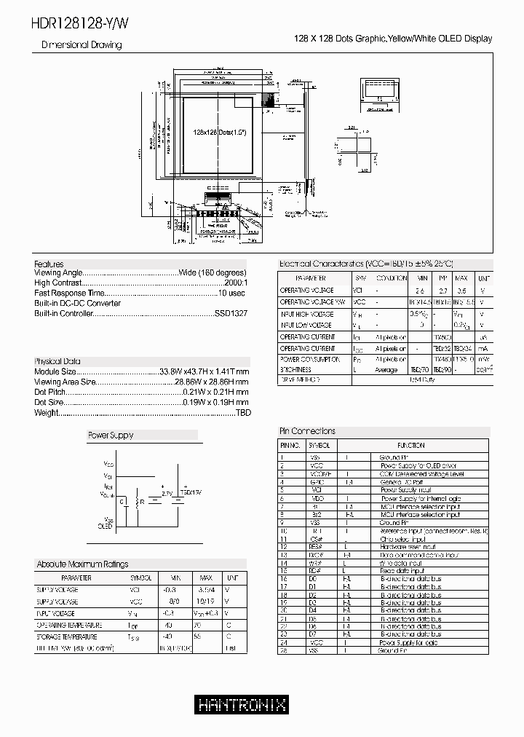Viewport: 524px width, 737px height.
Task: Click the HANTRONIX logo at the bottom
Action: pos(242,705)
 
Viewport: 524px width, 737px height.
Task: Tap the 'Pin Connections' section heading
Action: pos(308,431)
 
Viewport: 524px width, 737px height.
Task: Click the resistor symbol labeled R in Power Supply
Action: pos(136,502)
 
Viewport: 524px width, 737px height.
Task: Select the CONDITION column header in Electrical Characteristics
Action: pos(391,278)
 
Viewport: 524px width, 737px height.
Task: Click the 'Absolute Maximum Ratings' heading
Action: pos(82,564)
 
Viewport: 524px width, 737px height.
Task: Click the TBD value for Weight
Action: pos(242,412)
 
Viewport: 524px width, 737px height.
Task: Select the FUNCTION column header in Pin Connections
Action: pos(411,444)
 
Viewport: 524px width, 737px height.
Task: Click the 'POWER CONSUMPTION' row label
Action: pos(309,359)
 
